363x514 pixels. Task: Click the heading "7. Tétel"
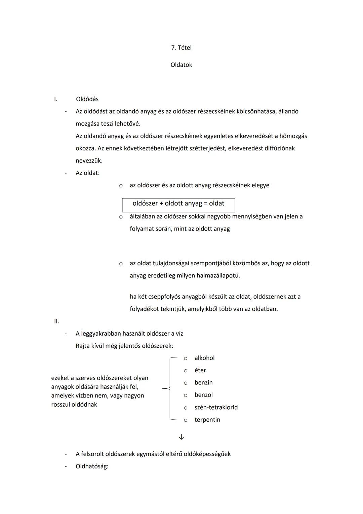tap(181, 48)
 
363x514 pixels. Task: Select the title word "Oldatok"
tap(181, 65)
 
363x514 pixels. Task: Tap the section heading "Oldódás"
tap(87, 99)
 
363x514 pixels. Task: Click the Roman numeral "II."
tap(56, 321)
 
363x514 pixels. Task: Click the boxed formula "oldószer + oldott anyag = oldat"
tap(178, 204)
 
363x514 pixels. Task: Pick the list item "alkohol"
tap(204, 358)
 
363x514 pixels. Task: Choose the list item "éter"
tap(200, 371)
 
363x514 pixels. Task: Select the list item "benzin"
tap(203, 383)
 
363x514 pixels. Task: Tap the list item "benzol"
tap(203, 395)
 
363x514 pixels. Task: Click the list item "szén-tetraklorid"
tap(216, 408)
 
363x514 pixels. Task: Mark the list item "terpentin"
tap(207, 420)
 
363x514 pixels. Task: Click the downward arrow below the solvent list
tap(182, 437)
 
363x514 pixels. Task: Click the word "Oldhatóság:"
tap(92, 467)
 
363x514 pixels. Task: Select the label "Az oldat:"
tap(87, 173)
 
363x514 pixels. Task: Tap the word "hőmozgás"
tap(293, 136)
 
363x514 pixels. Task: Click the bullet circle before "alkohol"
tap(185, 358)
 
